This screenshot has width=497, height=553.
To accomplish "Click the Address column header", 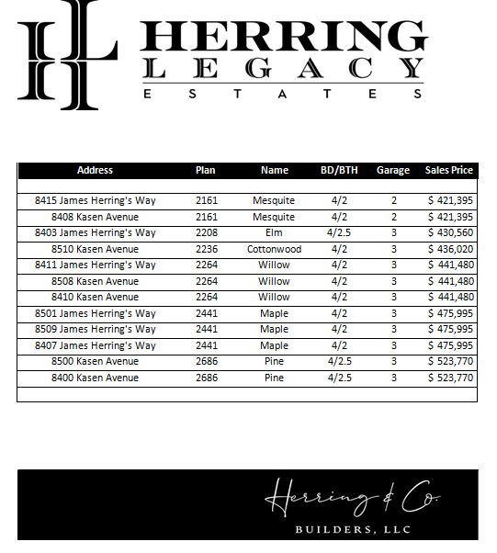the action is [x=95, y=170].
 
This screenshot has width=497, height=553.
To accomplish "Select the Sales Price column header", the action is [x=449, y=170].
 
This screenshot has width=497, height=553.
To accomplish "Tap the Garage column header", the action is [x=393, y=170].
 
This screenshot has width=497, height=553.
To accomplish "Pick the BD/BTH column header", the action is [x=339, y=170].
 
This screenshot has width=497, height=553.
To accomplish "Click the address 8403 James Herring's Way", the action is [x=96, y=232].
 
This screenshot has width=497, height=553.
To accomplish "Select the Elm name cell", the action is [x=274, y=232].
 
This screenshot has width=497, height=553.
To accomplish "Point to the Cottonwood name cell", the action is [x=274, y=249].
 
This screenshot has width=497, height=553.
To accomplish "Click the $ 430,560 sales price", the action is [x=450, y=232].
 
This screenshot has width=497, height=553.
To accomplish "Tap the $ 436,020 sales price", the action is [x=450, y=249].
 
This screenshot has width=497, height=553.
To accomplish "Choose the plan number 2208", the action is [x=206, y=232].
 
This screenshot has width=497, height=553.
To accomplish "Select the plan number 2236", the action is [x=206, y=249].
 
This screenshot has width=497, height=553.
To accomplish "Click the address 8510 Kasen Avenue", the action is [x=95, y=249].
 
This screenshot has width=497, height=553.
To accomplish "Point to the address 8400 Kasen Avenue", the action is [x=95, y=378].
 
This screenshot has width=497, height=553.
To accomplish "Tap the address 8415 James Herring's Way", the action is [x=96, y=200].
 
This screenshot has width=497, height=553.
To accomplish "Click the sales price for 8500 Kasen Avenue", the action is [x=450, y=362].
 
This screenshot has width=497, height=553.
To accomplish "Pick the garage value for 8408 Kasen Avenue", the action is [x=393, y=217].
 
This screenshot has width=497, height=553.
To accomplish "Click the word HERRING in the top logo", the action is [x=284, y=37].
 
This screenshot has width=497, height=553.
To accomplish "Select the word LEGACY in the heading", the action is [x=284, y=69].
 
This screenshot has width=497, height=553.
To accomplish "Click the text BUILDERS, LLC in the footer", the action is [x=353, y=530].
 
